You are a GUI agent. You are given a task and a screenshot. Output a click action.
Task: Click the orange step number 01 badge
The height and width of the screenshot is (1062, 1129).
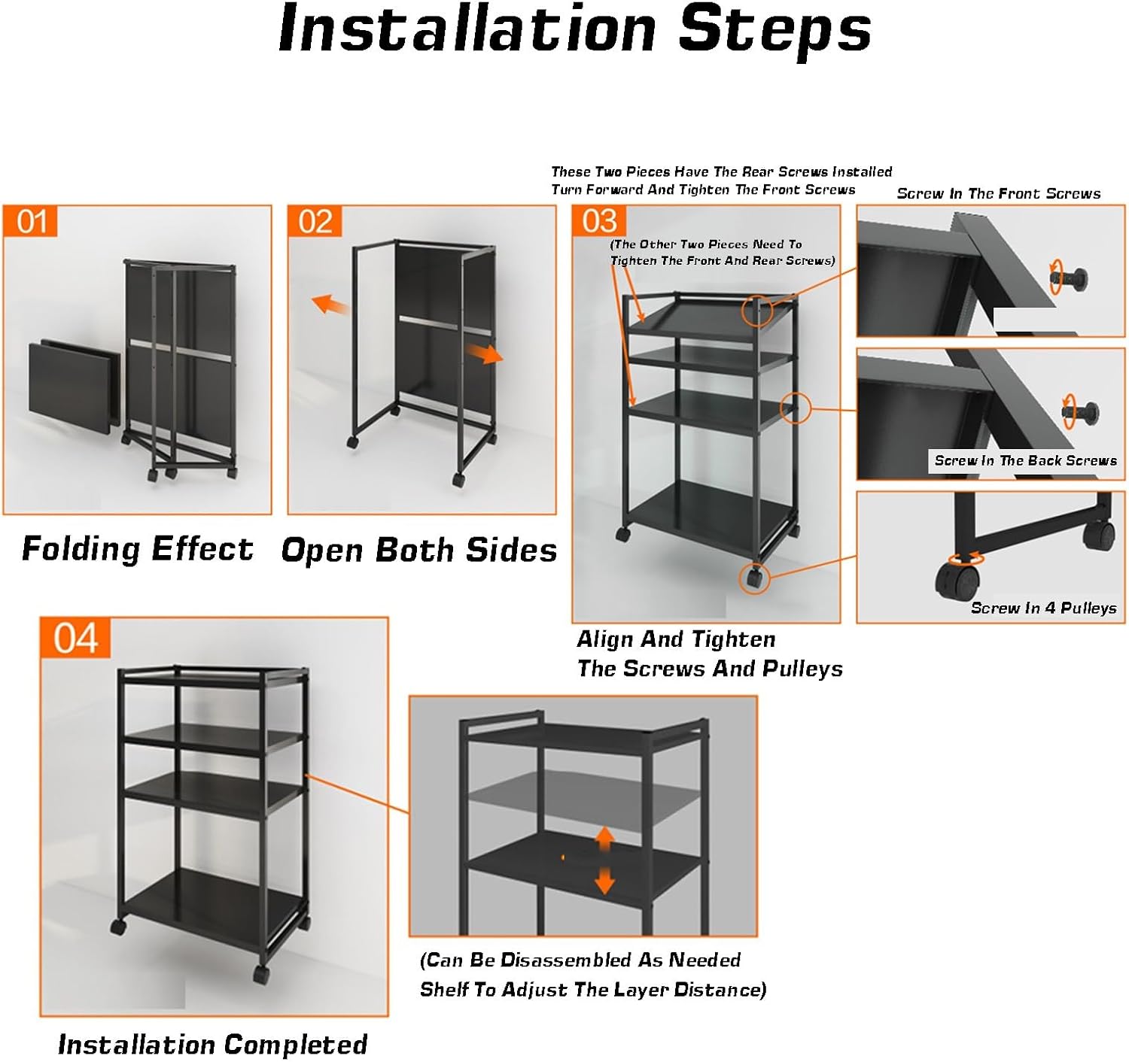coord(31,222)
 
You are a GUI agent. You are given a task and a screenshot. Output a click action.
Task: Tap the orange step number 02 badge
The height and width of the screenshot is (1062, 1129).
coord(315,222)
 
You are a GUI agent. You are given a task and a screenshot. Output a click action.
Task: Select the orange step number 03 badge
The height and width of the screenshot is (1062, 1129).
coord(599,221)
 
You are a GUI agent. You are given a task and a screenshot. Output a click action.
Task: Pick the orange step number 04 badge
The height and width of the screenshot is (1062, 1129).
coord(75,639)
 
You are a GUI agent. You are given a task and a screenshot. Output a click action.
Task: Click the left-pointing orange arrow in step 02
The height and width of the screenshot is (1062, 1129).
coord(330,305)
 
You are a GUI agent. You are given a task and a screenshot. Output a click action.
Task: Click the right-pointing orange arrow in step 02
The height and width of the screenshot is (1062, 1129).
coord(483,353)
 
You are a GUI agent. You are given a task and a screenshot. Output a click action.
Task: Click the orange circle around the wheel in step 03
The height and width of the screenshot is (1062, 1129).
coord(753,578)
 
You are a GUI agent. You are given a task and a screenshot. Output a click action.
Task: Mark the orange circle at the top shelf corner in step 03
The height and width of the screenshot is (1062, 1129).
coord(757,309)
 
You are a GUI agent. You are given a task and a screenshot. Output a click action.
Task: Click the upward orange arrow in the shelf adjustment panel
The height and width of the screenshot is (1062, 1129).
coord(605,838)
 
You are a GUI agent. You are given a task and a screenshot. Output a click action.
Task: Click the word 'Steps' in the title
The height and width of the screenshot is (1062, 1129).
coord(774,29)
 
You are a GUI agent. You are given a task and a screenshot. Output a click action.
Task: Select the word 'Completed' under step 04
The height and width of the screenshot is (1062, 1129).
coord(295,1045)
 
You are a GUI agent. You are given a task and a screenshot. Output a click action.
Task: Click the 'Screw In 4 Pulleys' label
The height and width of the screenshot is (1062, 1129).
coord(1043,608)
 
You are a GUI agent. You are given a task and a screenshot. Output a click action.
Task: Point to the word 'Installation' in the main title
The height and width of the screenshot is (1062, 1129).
coord(467,29)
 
